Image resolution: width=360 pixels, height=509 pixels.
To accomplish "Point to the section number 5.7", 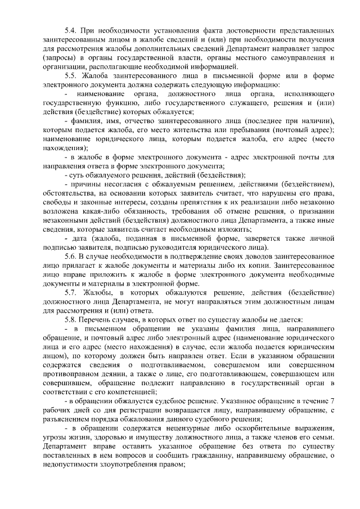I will point(72,292).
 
